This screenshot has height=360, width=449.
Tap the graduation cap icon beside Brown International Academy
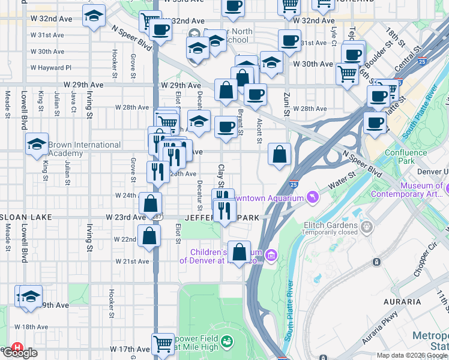click(37, 144)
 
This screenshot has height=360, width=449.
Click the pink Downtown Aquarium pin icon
click(312, 197)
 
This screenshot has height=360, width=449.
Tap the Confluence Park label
click(406, 157)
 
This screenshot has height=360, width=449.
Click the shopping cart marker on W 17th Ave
click(162, 344)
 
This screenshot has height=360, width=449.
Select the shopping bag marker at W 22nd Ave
click(149, 236)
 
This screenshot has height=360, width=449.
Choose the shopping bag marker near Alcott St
click(279, 154)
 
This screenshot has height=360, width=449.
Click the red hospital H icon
click(17, 347)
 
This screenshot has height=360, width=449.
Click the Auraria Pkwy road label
click(379, 329)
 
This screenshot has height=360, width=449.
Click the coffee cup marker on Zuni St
click(289, 41)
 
